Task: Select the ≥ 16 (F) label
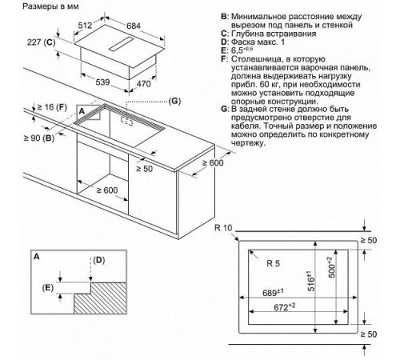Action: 37,106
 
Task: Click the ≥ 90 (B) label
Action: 37,138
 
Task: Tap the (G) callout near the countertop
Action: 176,100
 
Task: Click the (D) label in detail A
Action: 98,261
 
